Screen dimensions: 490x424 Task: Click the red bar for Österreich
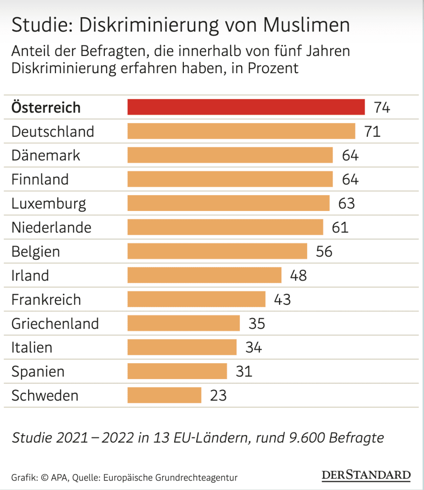point(246,107)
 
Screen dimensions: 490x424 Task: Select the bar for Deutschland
point(241,131)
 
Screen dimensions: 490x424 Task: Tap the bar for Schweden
point(164,395)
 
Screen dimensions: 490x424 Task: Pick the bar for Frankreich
point(196,299)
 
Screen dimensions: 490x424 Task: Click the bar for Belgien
point(217,251)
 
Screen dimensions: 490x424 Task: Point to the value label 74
point(382,107)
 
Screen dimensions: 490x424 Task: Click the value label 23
point(218,396)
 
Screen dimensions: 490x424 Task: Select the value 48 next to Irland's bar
point(298,276)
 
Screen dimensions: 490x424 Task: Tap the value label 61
point(340,227)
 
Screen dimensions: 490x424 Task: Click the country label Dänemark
point(46,155)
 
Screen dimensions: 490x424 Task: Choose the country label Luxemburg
point(49,203)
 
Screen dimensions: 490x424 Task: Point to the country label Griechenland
point(55,323)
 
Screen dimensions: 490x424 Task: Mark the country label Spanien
point(38,372)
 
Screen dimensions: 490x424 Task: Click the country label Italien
point(32,347)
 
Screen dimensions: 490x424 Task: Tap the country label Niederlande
point(51,227)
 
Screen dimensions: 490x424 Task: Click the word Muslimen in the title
point(301,25)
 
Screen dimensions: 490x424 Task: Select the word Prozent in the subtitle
point(273,67)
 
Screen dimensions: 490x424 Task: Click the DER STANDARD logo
point(366,475)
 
